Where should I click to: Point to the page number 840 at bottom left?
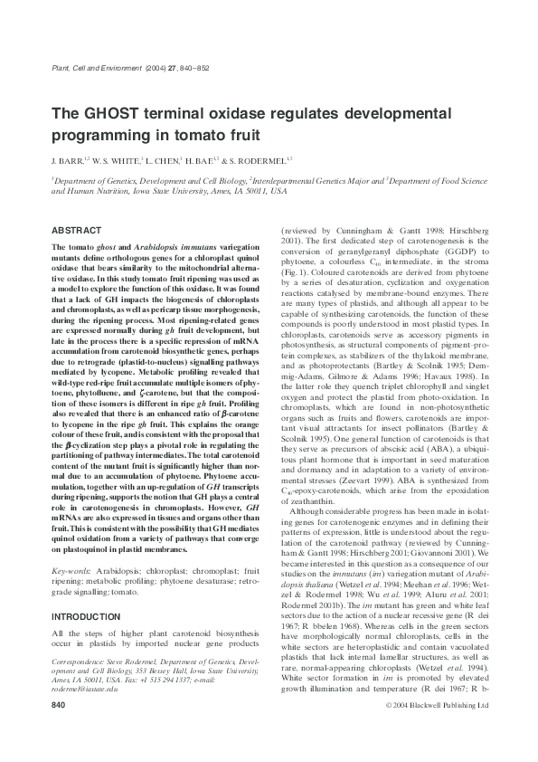[x=59, y=729]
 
